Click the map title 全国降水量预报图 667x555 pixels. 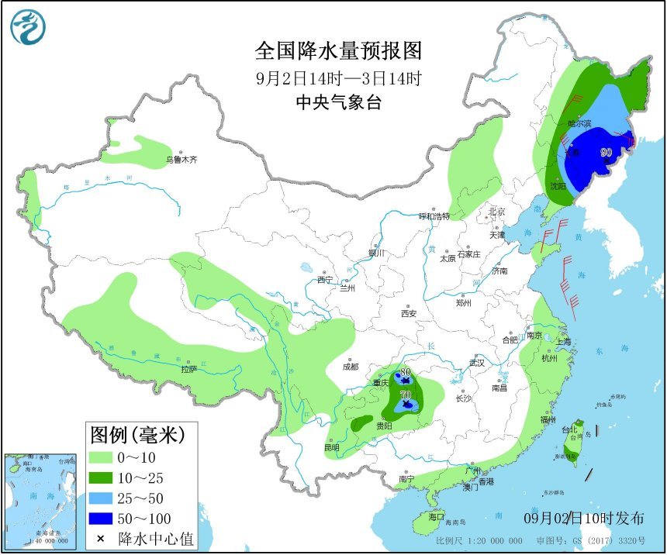pyautogui.click(x=339, y=51)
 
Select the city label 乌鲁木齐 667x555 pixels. pyautogui.click(x=181, y=160)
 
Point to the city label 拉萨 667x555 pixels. pyautogui.click(x=189, y=370)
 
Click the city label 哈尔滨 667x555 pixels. pyautogui.click(x=579, y=123)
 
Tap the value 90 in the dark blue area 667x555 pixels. pyautogui.click(x=607, y=152)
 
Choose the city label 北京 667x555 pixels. pyautogui.click(x=496, y=212)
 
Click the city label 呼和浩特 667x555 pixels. pyautogui.click(x=434, y=216)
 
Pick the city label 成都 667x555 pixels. pyautogui.click(x=351, y=367)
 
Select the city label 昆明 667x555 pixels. pyautogui.click(x=332, y=447)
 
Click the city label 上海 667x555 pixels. pyautogui.click(x=563, y=342)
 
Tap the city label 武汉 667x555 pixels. pyautogui.click(x=476, y=362)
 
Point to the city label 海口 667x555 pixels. pyautogui.click(x=435, y=517)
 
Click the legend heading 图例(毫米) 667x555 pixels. pyautogui.click(x=138, y=434)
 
